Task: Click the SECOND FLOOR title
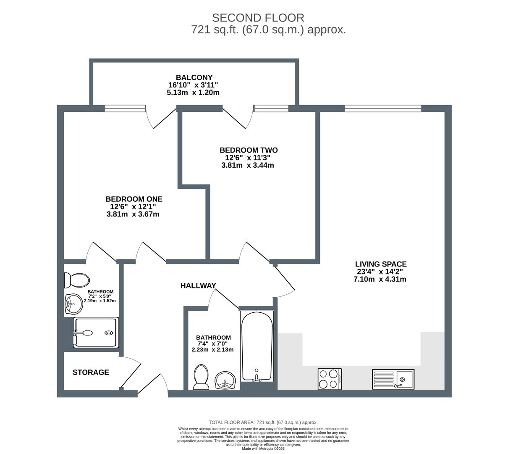point(258,18)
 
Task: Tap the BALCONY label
point(194,77)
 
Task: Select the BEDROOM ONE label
point(134,199)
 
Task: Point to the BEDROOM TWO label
point(249,150)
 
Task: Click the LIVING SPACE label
point(381,264)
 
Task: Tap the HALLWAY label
point(198,285)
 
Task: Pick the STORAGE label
point(91,372)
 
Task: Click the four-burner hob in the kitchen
point(330,379)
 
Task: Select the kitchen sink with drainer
point(393,379)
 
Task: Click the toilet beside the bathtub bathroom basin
point(201,377)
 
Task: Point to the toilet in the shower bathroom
point(77,280)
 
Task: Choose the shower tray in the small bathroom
point(96,333)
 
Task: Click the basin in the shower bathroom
point(74,304)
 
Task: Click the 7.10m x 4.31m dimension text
point(380,279)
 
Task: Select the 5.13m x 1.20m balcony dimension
point(193,92)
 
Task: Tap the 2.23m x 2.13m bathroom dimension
point(212,350)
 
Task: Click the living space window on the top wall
point(383,108)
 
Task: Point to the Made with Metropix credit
point(263,449)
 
